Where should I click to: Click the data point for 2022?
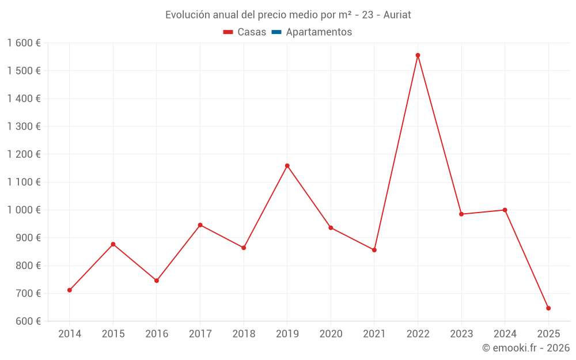(418, 55)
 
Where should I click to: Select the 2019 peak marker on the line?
(287, 166)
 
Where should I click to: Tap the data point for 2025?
(548, 308)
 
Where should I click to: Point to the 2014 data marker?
(70, 290)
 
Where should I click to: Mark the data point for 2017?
(200, 225)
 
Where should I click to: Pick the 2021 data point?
(374, 250)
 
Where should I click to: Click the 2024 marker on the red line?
(505, 210)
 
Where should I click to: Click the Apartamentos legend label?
(319, 32)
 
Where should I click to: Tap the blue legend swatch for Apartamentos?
(276, 32)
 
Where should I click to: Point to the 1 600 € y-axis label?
(24, 43)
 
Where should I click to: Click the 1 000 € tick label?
(24, 210)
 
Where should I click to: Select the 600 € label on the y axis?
(28, 321)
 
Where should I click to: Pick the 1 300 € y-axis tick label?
(24, 127)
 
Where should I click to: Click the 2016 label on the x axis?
(157, 334)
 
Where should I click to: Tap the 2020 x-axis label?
(331, 334)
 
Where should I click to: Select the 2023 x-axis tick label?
(461, 334)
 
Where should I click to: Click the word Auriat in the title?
(397, 15)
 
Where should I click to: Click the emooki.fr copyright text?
(526, 348)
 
